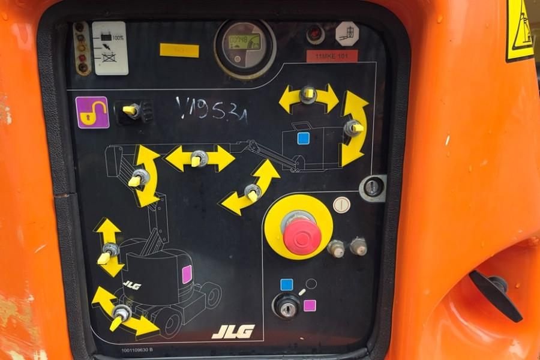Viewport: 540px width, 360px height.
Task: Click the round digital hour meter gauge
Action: click(x=244, y=46)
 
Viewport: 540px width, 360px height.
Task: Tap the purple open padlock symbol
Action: click(x=92, y=112)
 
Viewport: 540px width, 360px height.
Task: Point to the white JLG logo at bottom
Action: click(x=233, y=331)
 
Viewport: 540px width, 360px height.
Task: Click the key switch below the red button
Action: click(x=287, y=308)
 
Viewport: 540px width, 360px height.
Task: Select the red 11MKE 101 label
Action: click(x=332, y=56)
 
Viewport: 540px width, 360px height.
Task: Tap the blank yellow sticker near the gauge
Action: click(x=179, y=50)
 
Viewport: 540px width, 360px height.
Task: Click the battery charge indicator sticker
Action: click(x=110, y=48)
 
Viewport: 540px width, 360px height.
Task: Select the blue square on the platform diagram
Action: click(x=303, y=139)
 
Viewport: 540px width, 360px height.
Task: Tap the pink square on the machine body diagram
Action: click(x=187, y=274)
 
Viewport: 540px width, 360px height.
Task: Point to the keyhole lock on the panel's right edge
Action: click(x=373, y=188)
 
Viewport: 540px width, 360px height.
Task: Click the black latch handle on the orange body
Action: click(x=496, y=292)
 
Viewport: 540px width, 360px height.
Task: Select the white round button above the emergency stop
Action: click(x=341, y=205)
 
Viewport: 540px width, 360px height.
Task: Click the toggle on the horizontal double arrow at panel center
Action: click(x=199, y=158)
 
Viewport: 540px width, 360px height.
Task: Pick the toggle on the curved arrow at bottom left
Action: click(x=121, y=313)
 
